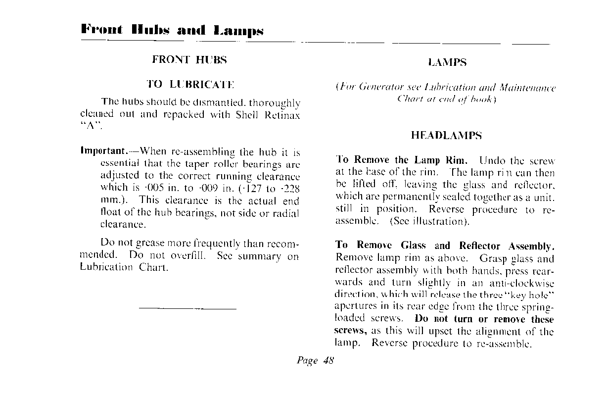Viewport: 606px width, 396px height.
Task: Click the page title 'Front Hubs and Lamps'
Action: pyautogui.click(x=172, y=30)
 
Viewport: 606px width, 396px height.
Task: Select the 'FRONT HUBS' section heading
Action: pyautogui.click(x=189, y=60)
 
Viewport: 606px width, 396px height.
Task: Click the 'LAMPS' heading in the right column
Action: pyautogui.click(x=447, y=62)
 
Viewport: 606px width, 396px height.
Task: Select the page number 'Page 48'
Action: pyautogui.click(x=315, y=360)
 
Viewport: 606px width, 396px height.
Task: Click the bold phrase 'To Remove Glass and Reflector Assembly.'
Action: pyautogui.click(x=445, y=246)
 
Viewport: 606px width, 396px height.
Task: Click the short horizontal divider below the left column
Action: pyautogui.click(x=188, y=309)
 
